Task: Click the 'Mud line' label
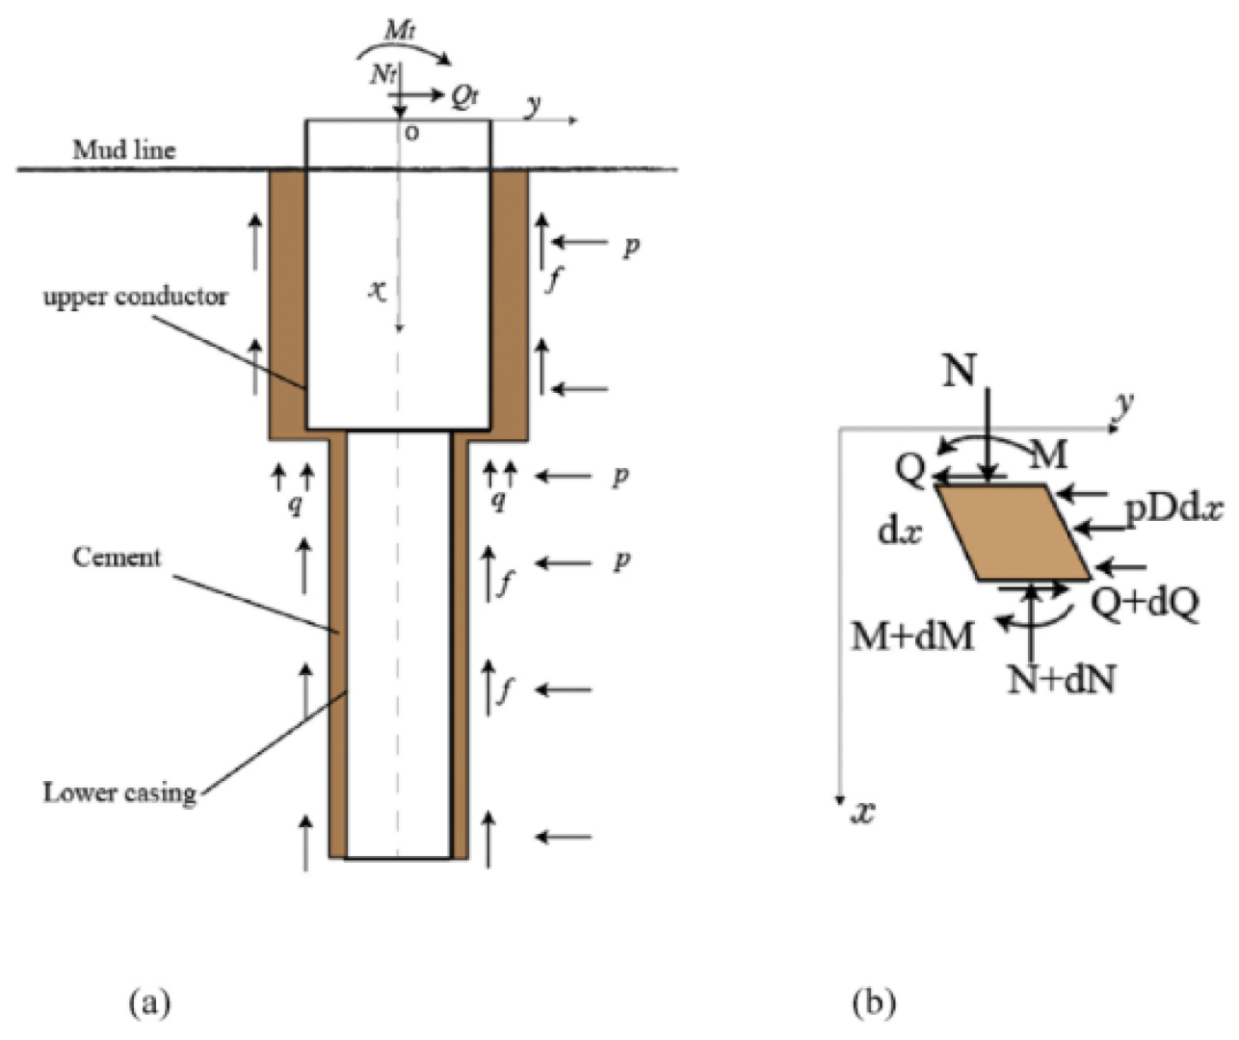(x=124, y=150)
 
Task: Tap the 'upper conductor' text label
(x=135, y=297)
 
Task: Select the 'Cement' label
(x=117, y=558)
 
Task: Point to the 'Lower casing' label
(x=119, y=793)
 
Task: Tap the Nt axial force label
(x=383, y=74)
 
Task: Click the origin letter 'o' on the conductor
(x=411, y=133)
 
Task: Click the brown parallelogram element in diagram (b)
(x=1013, y=533)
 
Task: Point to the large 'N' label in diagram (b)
(x=960, y=370)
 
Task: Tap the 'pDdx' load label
(x=1173, y=507)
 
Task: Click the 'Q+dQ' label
(x=1145, y=603)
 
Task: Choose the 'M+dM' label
(x=912, y=636)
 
